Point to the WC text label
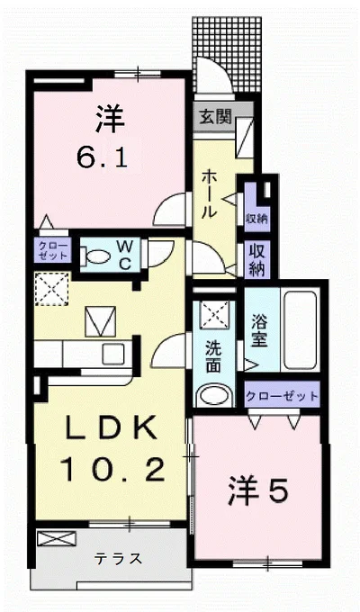tap(126, 255)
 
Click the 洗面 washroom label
tap(212, 356)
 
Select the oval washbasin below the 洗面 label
tap(213, 395)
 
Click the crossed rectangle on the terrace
tap(51, 540)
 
